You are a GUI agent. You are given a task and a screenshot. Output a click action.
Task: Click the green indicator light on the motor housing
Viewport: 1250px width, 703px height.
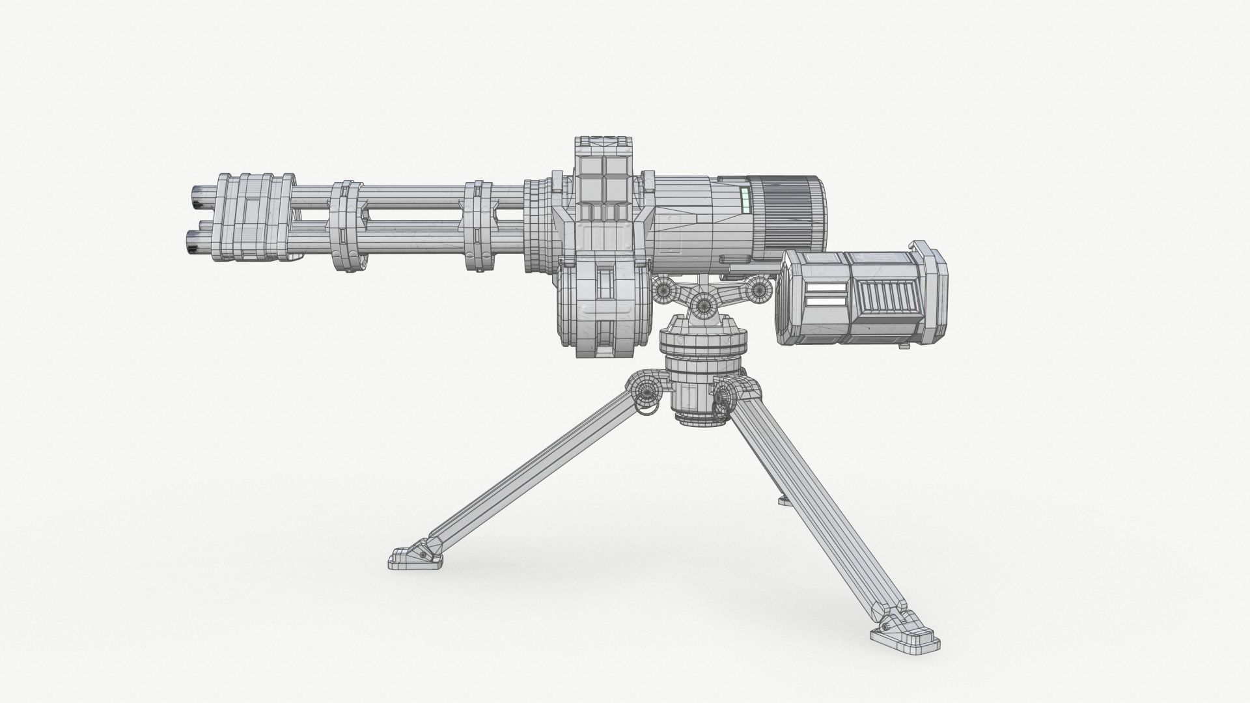tap(746, 200)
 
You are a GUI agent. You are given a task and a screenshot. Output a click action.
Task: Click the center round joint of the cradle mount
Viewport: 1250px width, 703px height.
tap(704, 303)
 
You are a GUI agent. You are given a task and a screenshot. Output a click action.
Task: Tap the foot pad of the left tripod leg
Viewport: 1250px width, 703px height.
tap(410, 557)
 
